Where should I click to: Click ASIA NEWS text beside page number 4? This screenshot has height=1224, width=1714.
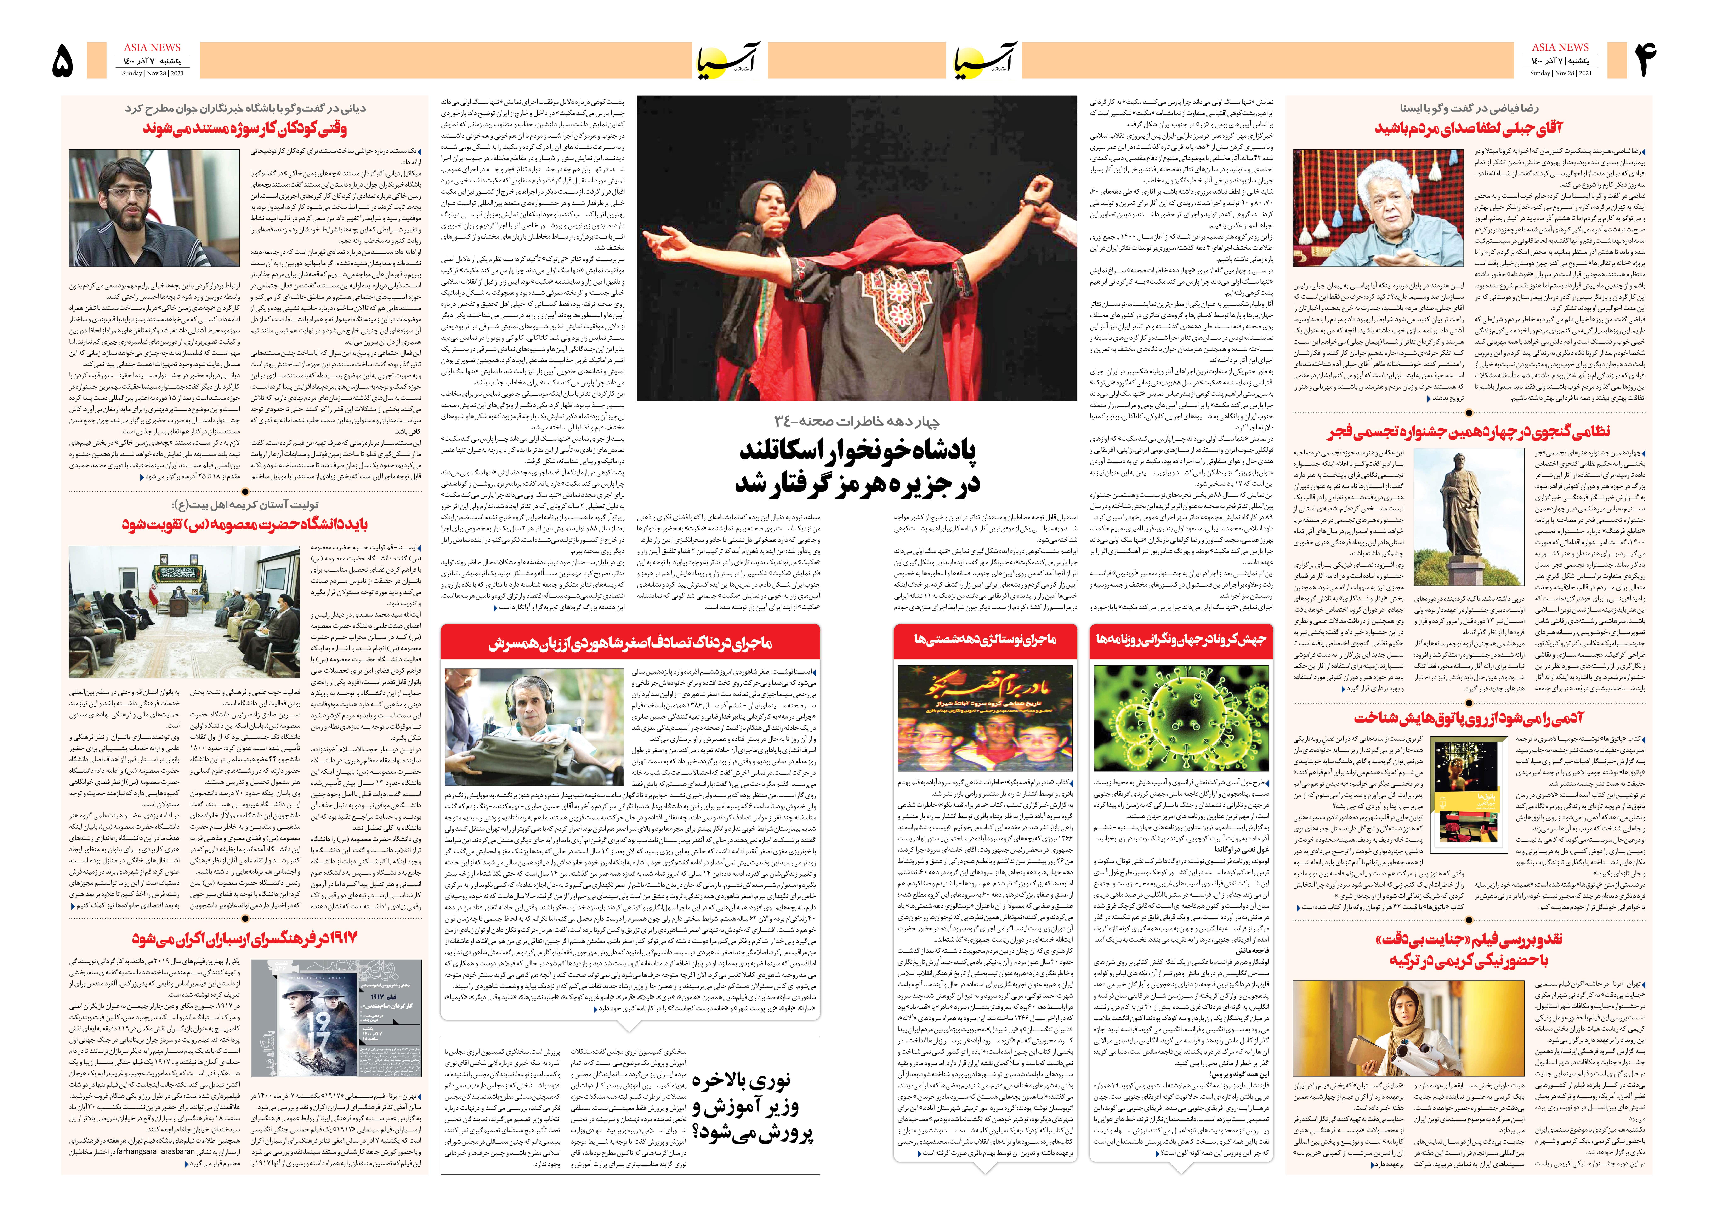point(1560,47)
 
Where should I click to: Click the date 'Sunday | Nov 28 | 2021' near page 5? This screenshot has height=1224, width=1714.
point(152,73)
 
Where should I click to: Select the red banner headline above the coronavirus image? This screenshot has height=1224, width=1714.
point(1180,639)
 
